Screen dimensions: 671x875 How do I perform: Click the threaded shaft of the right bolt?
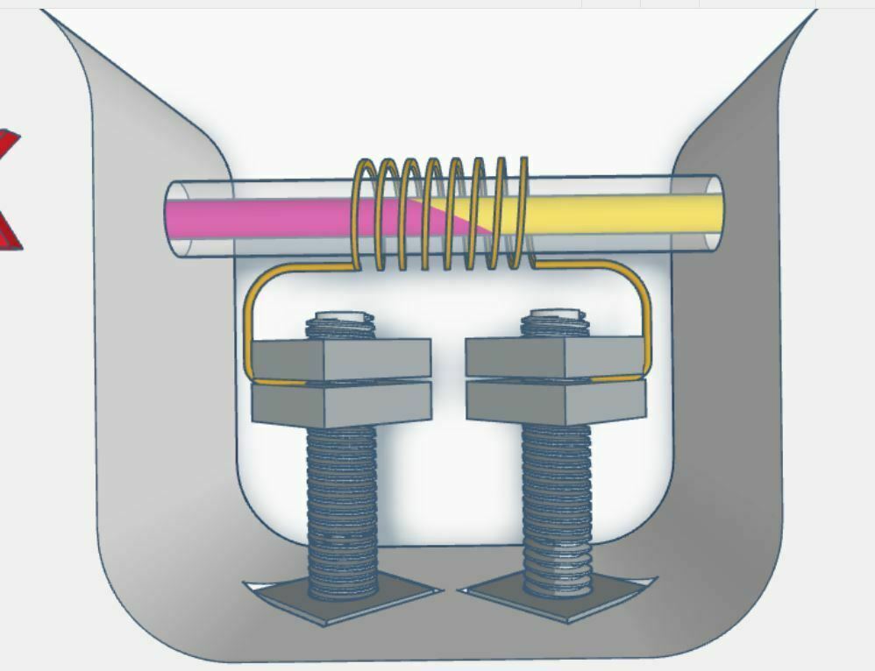tap(557, 499)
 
